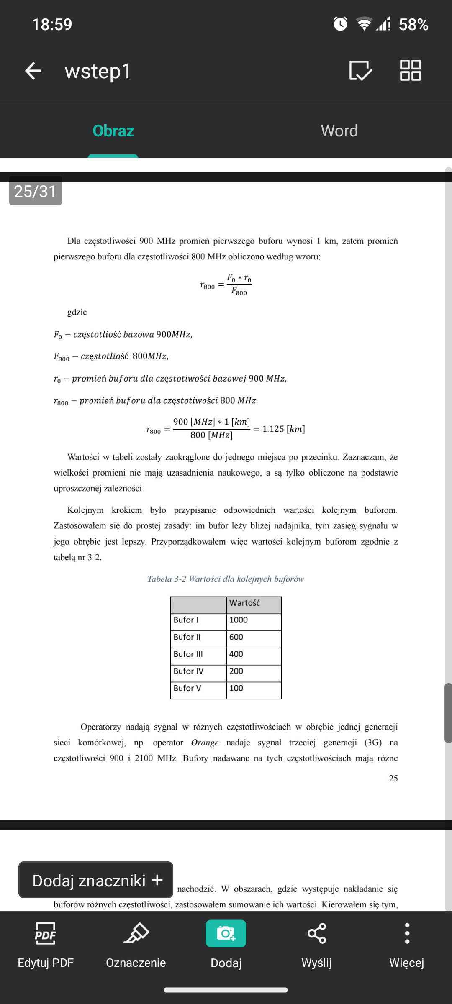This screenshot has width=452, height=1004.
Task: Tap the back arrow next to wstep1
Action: point(33,71)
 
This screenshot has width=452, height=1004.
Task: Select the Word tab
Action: point(339,131)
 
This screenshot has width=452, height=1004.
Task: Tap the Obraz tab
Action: point(113,131)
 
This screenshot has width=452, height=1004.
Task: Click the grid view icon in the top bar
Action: point(410,70)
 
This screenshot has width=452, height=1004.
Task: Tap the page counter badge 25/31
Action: point(36,191)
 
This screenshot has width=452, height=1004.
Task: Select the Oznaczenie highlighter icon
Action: point(136,934)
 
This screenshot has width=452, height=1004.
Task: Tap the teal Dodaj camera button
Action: point(226,934)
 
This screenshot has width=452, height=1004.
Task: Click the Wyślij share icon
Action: point(316,934)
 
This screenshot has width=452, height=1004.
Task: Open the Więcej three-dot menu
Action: point(407,934)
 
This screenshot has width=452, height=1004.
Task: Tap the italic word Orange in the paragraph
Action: point(205,743)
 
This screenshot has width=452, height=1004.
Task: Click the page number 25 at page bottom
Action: point(393,778)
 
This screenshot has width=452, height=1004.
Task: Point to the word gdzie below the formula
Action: point(77,312)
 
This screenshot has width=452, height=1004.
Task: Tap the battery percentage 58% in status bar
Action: point(413,25)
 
